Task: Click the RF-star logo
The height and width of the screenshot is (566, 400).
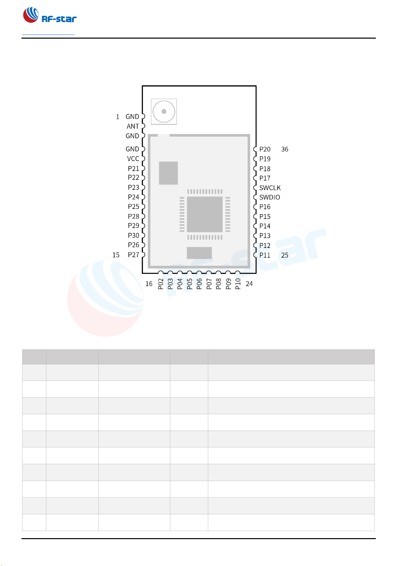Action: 49,15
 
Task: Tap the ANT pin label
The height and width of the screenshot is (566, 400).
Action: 133,126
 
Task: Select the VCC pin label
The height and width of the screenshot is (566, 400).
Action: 133,159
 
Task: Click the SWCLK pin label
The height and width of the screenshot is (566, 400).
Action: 270,188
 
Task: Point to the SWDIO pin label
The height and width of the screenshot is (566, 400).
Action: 269,197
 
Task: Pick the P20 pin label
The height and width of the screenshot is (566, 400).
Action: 265,149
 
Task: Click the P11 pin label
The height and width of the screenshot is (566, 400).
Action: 265,255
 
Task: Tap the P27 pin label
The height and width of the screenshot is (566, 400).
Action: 133,255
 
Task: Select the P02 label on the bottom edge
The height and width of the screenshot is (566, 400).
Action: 161,284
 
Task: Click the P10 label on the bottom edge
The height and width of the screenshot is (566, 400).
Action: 238,284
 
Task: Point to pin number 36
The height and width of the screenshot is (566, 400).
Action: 284,149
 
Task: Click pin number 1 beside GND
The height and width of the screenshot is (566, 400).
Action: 118,117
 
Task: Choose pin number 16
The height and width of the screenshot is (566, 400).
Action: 149,284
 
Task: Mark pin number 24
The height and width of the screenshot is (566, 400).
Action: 249,284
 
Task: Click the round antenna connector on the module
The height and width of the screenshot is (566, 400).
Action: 164,111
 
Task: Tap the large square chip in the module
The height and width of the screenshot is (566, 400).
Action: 205,214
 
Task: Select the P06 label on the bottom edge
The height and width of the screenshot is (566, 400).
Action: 199,284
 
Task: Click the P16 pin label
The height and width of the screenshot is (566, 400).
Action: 265,207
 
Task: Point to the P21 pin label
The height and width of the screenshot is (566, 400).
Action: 133,168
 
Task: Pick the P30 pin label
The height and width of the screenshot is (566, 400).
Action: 133,235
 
